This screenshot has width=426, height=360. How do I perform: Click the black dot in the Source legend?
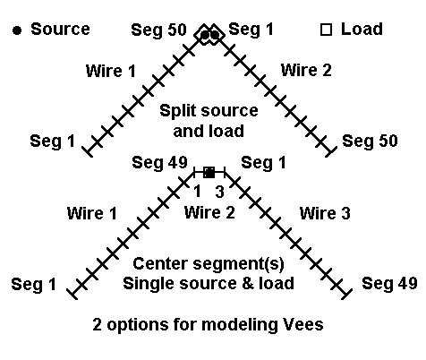click(x=17, y=30)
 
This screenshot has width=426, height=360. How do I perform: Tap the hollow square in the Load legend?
click(x=326, y=30)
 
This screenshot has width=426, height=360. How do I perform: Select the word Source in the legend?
click(x=60, y=30)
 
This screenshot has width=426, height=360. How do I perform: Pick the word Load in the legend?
click(x=362, y=30)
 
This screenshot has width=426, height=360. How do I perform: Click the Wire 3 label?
click(x=325, y=213)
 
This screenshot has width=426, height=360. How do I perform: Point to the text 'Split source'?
click(x=209, y=111)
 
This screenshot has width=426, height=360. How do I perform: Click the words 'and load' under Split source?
click(x=209, y=131)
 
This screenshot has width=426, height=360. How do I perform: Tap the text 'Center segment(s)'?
click(x=209, y=264)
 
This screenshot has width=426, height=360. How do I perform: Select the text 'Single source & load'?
click(x=209, y=283)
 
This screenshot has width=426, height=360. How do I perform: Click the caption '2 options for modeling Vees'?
click(x=208, y=324)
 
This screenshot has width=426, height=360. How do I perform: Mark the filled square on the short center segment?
click(x=209, y=173)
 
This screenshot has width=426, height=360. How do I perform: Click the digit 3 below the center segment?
click(x=220, y=192)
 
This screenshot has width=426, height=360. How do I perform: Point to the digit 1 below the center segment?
click(x=197, y=192)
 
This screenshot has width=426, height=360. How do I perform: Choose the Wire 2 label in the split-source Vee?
click(x=306, y=71)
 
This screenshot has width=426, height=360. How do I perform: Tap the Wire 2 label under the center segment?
click(x=209, y=213)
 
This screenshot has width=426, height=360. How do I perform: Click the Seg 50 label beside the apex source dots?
click(x=158, y=30)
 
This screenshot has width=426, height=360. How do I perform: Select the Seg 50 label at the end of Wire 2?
click(x=370, y=141)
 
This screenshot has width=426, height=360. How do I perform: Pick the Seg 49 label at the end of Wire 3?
click(x=389, y=283)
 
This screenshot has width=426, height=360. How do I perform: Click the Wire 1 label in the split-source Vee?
click(x=110, y=71)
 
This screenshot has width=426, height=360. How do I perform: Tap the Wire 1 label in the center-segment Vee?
click(x=92, y=213)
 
